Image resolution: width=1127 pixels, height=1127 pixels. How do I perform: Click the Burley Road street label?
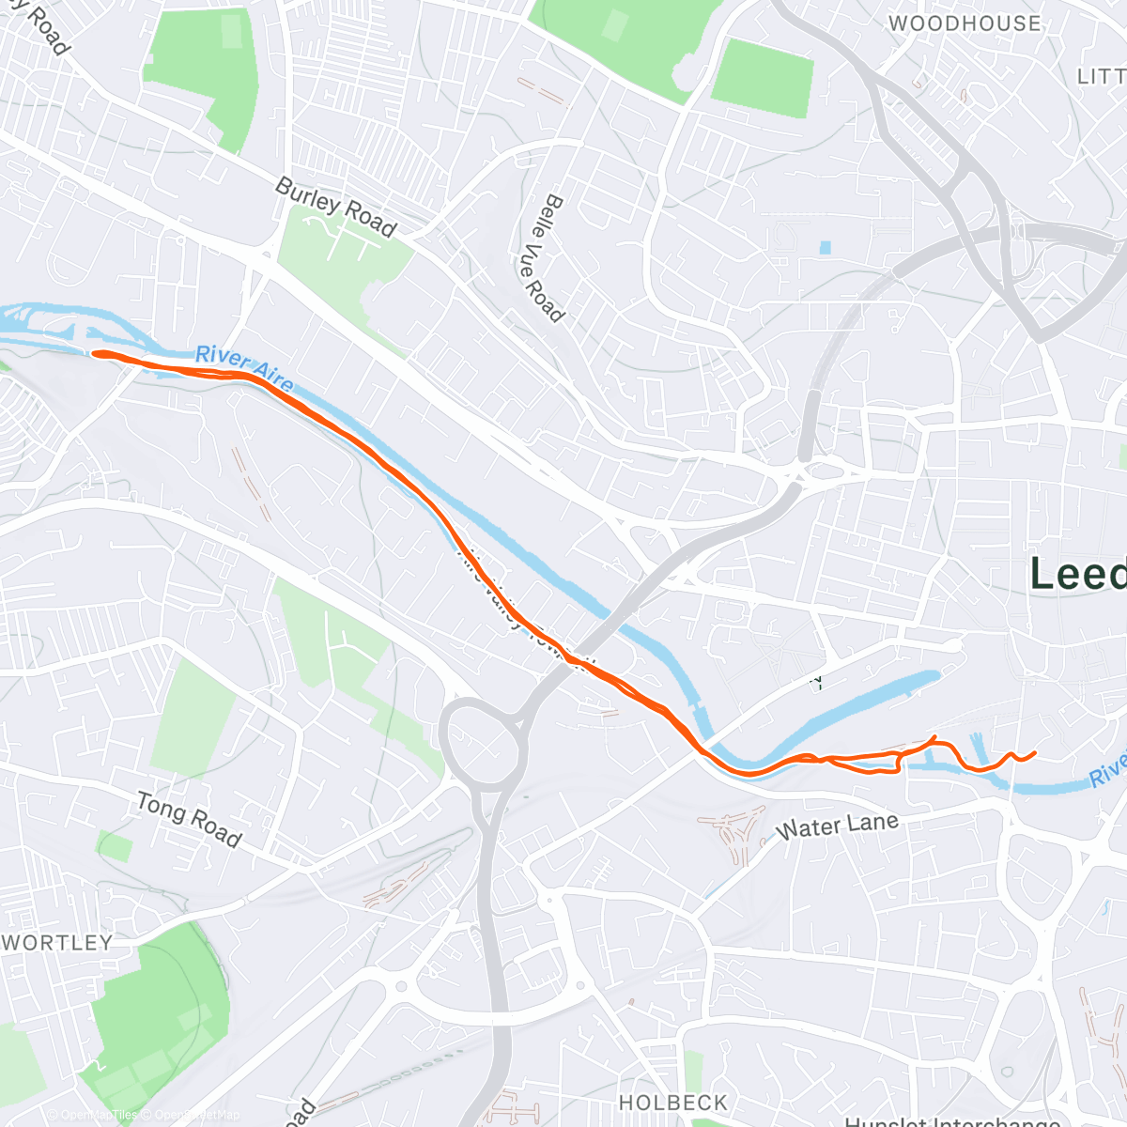click(335, 207)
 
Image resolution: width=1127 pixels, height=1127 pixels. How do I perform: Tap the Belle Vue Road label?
click(541, 258)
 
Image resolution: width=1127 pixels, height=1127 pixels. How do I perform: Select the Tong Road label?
click(189, 818)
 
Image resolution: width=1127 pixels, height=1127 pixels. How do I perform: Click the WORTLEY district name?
click(58, 942)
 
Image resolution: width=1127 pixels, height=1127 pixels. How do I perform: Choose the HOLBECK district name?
click(672, 1102)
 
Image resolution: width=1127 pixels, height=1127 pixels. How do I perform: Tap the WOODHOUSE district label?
click(965, 23)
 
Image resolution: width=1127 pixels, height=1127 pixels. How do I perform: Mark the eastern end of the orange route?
click(1034, 752)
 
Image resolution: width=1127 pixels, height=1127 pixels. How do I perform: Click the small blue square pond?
click(825, 248)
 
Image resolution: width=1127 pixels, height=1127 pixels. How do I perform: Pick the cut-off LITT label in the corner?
click(1101, 77)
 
